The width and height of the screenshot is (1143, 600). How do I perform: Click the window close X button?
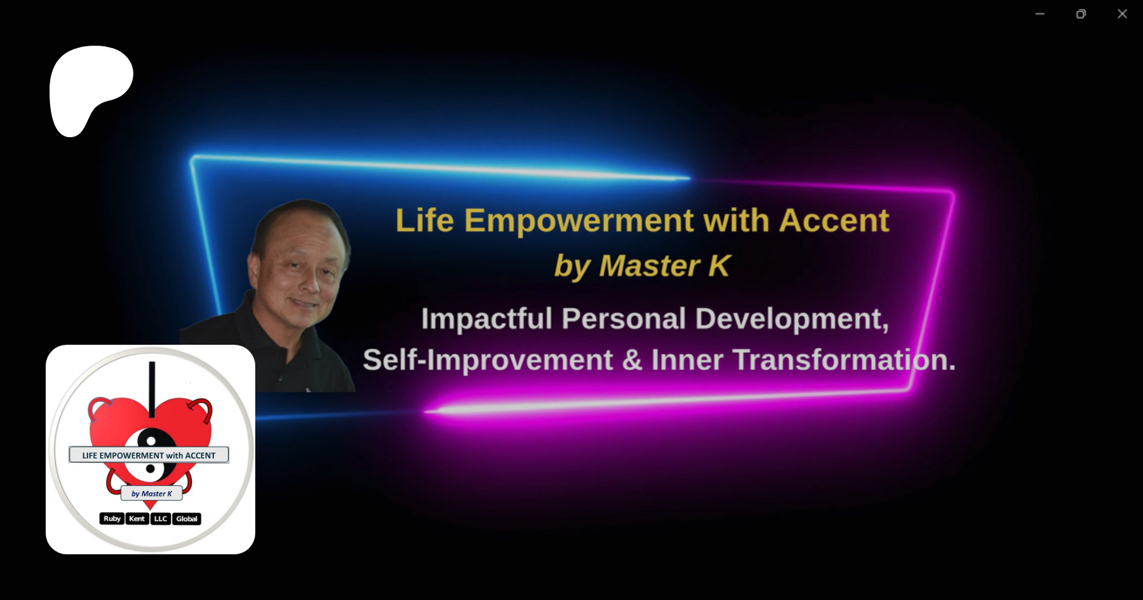click(1122, 14)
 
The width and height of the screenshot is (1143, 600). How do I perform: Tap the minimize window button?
click(1040, 14)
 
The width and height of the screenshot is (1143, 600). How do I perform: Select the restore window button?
click(1081, 14)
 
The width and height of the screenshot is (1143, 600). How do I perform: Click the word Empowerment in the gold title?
click(578, 221)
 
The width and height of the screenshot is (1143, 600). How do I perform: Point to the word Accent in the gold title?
click(834, 220)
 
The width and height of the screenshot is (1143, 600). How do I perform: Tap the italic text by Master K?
click(642, 265)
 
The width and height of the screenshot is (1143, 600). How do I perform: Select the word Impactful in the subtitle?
click(486, 319)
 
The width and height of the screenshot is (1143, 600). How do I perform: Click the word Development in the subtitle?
click(792, 319)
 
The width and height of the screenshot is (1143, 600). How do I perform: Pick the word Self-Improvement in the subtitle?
click(488, 360)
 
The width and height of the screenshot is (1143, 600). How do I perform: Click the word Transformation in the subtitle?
click(844, 360)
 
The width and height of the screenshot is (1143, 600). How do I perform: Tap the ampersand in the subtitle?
click(632, 360)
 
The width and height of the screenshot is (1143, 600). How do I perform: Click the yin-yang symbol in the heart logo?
click(151, 454)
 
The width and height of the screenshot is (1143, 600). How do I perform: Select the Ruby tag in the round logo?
click(112, 519)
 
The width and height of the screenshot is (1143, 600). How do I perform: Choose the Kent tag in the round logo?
click(137, 519)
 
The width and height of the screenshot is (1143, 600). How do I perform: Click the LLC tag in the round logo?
click(161, 519)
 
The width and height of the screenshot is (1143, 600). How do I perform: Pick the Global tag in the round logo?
click(187, 519)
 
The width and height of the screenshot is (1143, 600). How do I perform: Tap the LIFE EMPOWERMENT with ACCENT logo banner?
click(149, 455)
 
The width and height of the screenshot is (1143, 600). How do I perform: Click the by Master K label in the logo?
click(151, 493)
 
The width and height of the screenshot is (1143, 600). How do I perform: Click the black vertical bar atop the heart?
click(152, 390)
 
